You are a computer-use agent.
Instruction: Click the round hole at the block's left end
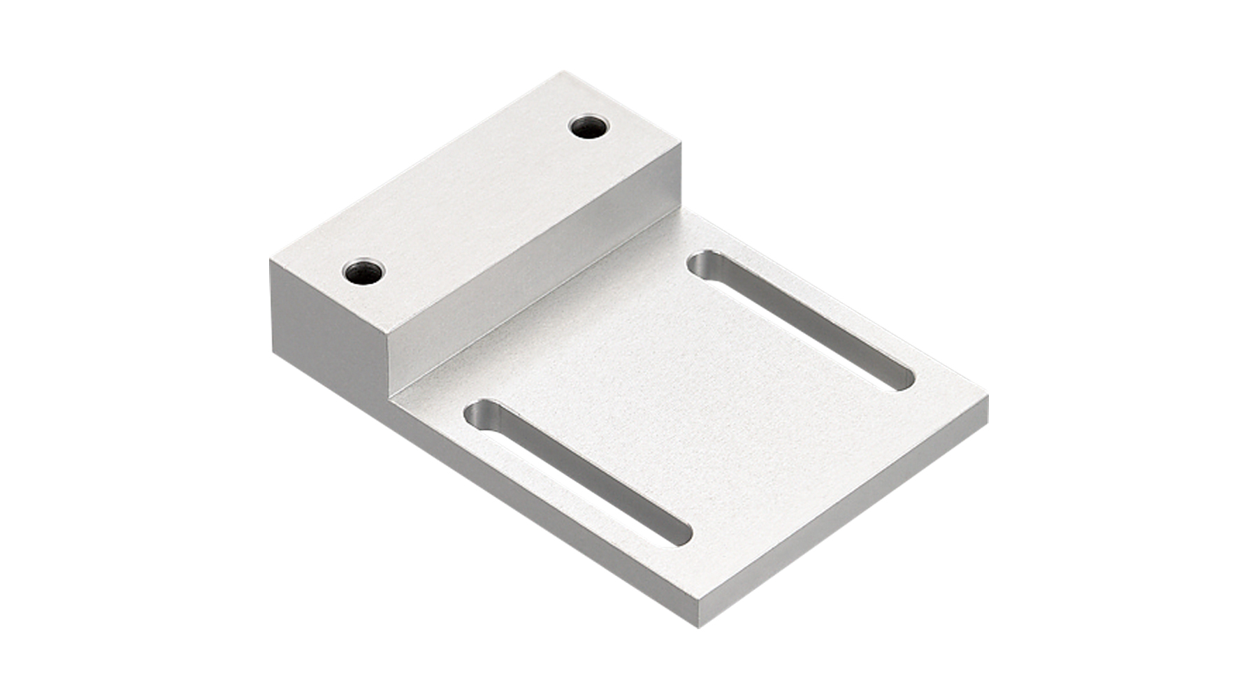[x=364, y=271]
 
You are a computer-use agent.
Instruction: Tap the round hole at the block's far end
[x=589, y=128]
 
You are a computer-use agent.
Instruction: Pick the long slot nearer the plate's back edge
[x=802, y=320]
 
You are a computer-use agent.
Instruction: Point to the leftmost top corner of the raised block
[x=271, y=259]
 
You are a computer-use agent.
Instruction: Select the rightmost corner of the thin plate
[x=988, y=396]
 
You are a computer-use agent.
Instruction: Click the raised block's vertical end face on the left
[x=328, y=322]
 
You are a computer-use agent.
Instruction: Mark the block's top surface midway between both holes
[x=475, y=199]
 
